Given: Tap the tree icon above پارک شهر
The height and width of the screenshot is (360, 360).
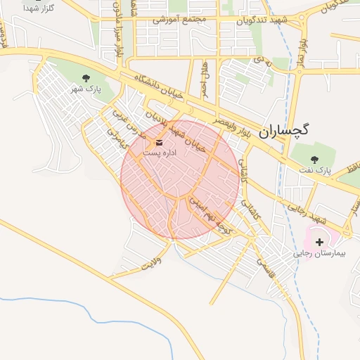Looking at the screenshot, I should pos(86,78).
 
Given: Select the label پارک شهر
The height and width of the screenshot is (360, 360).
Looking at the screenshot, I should pos(86,90).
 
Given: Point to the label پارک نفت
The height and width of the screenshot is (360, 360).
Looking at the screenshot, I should pos(314,170).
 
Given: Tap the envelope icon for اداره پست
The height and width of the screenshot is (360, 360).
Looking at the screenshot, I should pos(157,141).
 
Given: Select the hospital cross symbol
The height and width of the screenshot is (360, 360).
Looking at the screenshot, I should pos(319,241).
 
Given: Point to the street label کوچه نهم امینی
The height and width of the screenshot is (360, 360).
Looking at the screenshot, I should pos(210,214).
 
